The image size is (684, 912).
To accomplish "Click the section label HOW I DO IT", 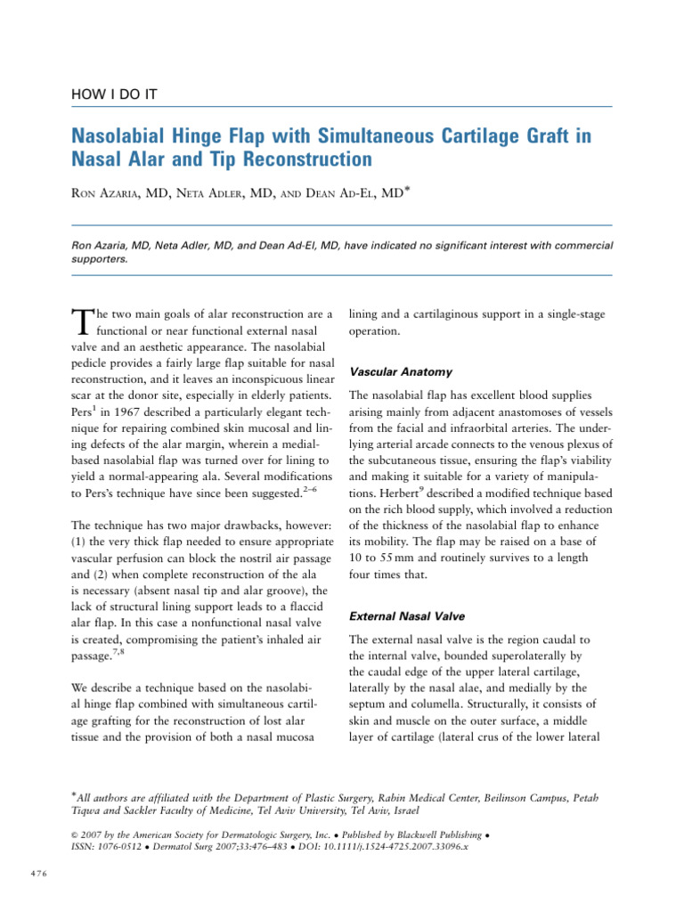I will coord(115,93).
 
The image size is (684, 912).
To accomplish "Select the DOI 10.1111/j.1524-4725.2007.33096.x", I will coord(382,845).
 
